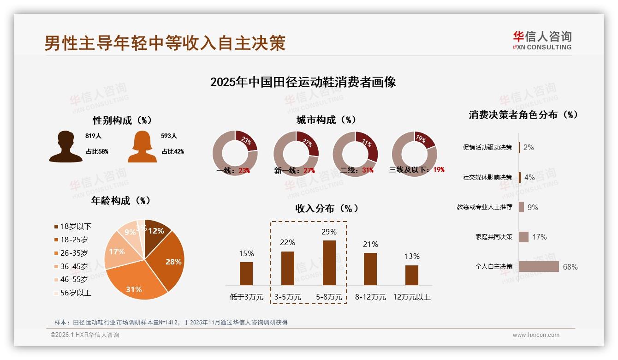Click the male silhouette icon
pos(65,147)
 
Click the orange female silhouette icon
pos(142,147)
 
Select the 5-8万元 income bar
pos(329,263)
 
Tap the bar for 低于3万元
pos(246,273)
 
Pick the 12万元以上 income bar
pos(412,275)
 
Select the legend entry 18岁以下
pos(73,227)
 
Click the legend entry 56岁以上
pos(73,293)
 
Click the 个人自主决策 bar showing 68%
pos(539,267)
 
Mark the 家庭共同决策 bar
pos(523,237)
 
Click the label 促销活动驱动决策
pos(487,148)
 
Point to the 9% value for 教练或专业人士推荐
pos(533,207)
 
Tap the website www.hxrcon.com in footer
pos(536,335)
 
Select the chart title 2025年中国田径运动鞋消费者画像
pos(303,82)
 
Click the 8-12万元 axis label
pos(370,297)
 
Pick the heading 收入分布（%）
pos(327,208)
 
